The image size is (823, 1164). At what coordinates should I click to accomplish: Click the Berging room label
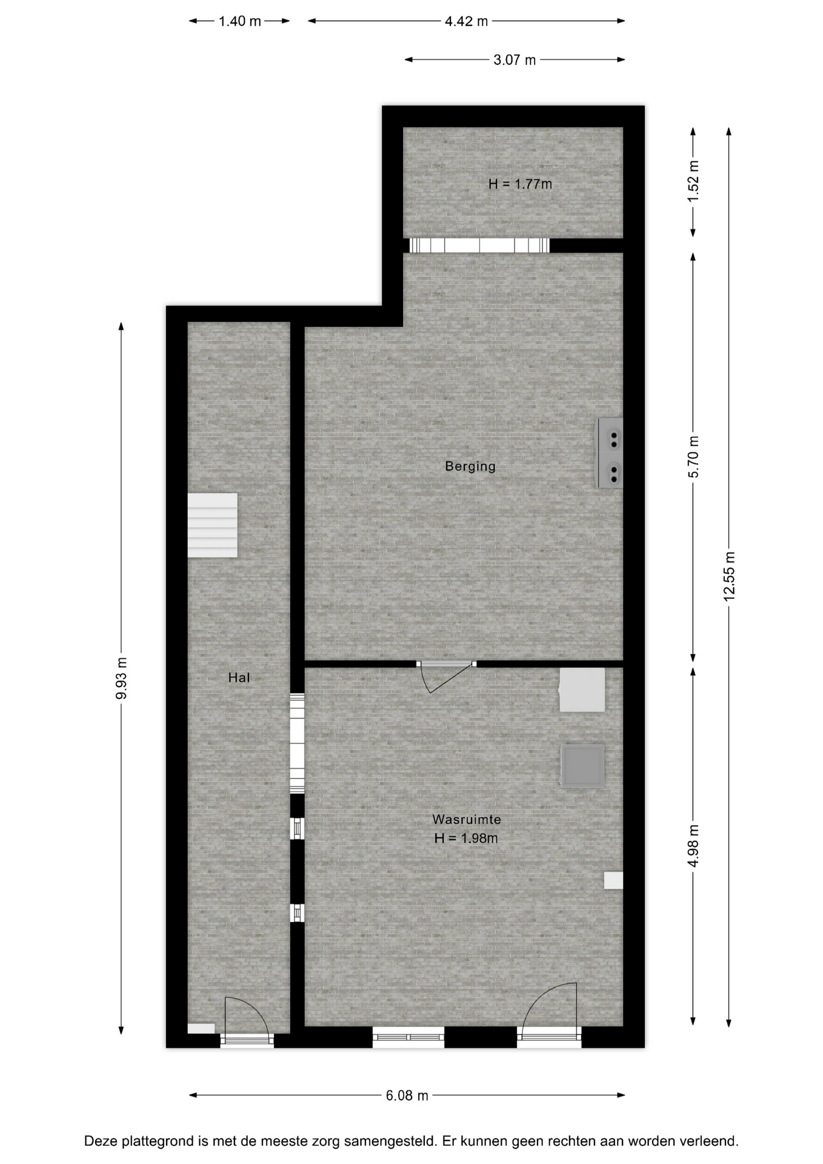click(x=470, y=466)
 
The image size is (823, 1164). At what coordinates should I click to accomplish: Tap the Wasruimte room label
click(x=467, y=819)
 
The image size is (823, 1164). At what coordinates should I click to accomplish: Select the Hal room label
click(x=239, y=677)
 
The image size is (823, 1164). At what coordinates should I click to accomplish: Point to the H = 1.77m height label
click(x=520, y=184)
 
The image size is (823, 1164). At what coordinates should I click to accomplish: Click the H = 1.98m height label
click(x=466, y=838)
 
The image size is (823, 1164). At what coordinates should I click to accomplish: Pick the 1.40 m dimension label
click(x=240, y=21)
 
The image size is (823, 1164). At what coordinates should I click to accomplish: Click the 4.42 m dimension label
click(x=467, y=21)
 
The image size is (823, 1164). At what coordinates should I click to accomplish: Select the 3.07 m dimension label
click(x=515, y=60)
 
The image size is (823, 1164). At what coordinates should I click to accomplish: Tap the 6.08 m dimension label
click(x=407, y=1095)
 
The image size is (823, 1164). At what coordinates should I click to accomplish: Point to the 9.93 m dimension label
click(x=121, y=678)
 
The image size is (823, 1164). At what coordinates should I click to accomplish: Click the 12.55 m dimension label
click(x=729, y=577)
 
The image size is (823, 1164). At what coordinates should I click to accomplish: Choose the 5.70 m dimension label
click(x=693, y=457)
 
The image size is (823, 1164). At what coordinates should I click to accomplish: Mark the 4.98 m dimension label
click(x=693, y=846)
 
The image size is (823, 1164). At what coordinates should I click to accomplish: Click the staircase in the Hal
click(x=212, y=525)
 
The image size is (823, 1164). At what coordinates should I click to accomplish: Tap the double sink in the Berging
click(x=610, y=453)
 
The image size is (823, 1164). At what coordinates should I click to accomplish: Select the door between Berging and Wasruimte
click(x=447, y=673)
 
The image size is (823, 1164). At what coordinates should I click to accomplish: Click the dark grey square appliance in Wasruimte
click(x=582, y=766)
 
